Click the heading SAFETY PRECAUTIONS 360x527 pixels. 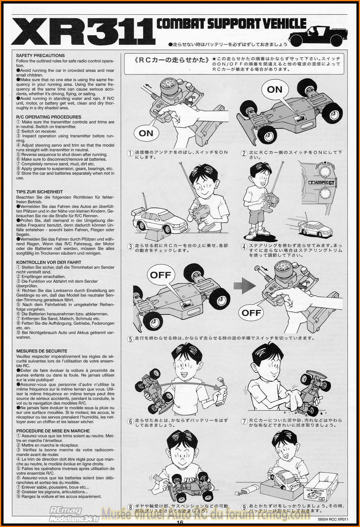click(x=40, y=56)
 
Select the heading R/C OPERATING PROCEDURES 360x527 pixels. click(x=49, y=117)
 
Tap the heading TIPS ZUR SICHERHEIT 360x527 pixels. click(x=39, y=192)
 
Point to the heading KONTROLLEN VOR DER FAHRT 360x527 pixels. click(x=49, y=262)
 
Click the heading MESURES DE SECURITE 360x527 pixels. click(x=41, y=351)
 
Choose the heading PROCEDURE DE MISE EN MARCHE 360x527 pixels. click(x=53, y=431)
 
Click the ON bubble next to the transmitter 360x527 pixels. click(x=146, y=133)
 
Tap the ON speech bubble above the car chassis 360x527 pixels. click(x=274, y=89)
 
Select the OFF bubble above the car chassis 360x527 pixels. click(x=161, y=275)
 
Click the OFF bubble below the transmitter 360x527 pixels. click(x=251, y=312)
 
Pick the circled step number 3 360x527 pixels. click(x=130, y=247)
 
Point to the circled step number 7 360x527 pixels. click(x=244, y=421)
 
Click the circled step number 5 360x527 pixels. click(x=130, y=339)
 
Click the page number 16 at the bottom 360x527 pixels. click(x=180, y=523)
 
